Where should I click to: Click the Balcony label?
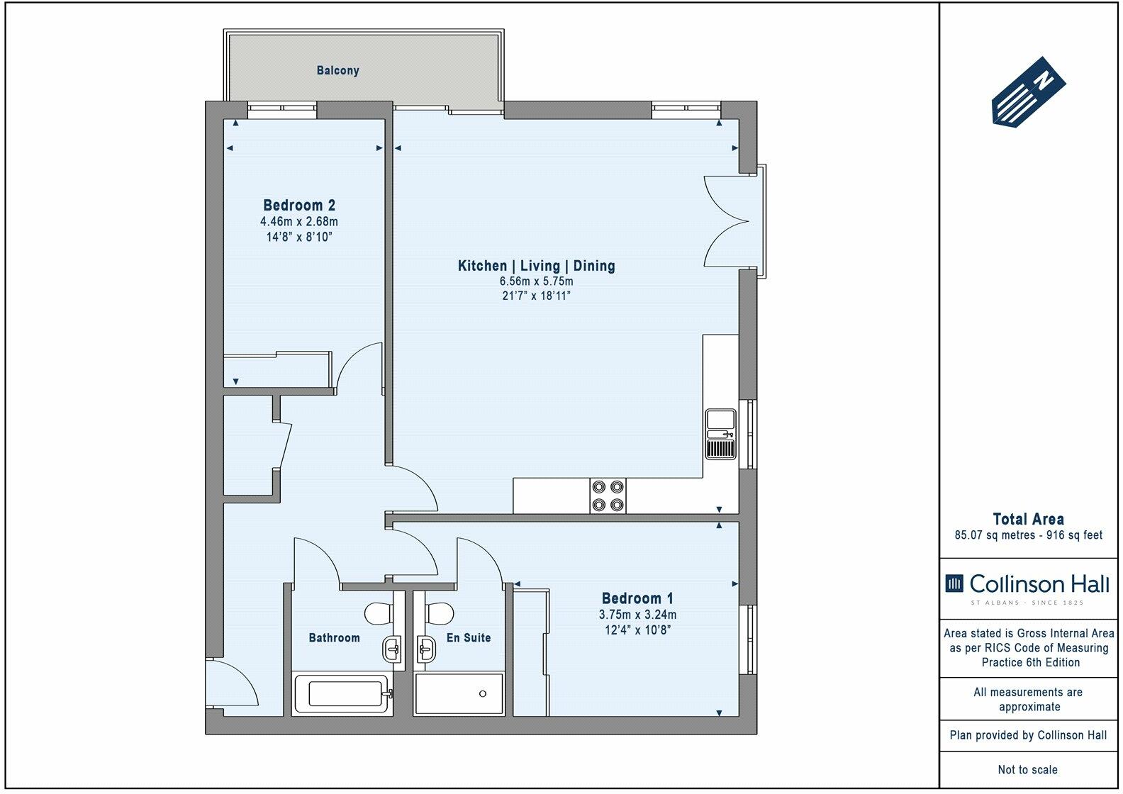point(337,71)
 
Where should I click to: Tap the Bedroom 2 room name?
point(299,206)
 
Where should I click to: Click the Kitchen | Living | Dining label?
point(536,266)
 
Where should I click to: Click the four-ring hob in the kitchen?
point(608,495)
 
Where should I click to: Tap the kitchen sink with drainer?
point(722,435)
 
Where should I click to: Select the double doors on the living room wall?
point(727,220)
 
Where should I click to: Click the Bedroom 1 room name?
point(637,598)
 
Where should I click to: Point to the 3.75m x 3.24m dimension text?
point(637,615)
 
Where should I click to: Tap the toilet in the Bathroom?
point(380,611)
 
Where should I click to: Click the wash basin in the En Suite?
point(427,647)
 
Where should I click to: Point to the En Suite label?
point(468,638)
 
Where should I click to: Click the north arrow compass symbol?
point(1028,93)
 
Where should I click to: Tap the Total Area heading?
point(1028,519)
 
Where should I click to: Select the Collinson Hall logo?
point(1028,586)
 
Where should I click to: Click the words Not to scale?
point(1028,769)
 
